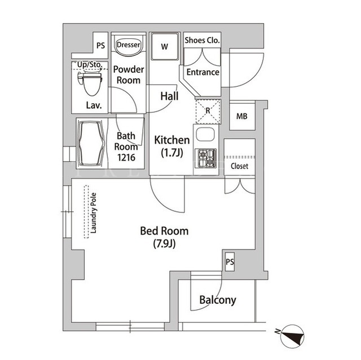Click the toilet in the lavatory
point(90,82)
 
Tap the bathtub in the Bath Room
point(91,144)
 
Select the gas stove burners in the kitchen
point(205,158)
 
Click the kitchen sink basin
point(205,134)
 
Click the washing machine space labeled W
point(164,47)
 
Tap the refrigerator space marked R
point(208,112)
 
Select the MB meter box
point(242,117)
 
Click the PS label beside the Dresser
point(100,46)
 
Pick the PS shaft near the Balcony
point(230,262)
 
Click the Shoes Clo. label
point(202,41)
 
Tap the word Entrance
point(202,72)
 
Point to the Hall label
point(169,96)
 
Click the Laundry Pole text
point(93,213)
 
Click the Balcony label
point(218,300)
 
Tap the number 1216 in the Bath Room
point(126,158)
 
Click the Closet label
point(239,166)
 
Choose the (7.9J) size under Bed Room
point(164,244)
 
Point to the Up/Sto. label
point(90,65)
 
